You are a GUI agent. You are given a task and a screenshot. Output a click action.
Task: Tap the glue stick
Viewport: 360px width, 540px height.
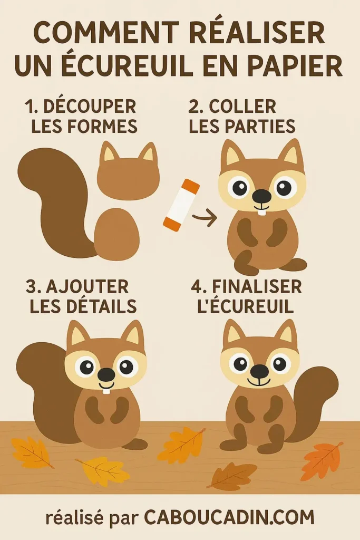tap(181, 205)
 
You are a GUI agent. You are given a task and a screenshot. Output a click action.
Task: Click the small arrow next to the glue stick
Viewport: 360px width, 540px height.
tap(205, 217)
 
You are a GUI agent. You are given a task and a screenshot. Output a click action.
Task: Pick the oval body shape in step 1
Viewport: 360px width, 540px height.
tap(116, 234)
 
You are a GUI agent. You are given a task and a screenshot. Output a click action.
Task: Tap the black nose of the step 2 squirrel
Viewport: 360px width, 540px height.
tap(261, 197)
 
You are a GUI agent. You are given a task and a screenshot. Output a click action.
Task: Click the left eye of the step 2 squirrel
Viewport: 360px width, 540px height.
tap(240, 187)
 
